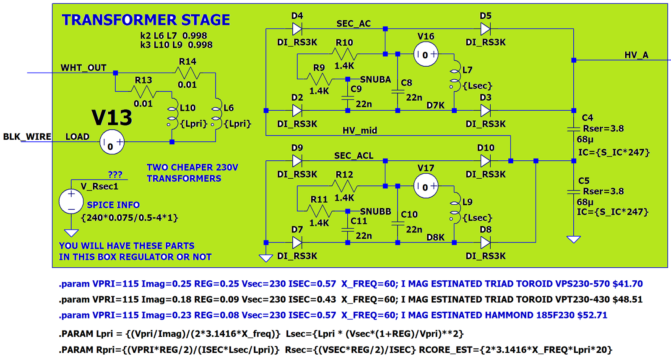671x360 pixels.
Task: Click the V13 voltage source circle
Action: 112,142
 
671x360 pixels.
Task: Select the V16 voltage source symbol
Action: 426,54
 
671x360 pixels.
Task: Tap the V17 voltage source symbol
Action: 426,186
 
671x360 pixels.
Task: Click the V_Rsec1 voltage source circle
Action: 71,201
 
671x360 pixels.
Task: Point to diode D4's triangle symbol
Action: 297,29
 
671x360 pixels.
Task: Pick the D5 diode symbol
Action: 486,29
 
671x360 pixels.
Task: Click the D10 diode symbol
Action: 486,161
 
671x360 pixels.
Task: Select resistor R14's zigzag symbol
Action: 187,73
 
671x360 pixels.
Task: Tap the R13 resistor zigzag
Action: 143,92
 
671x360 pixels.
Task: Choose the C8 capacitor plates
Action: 398,91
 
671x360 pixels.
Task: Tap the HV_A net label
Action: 636,55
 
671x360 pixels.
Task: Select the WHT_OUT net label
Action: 83,68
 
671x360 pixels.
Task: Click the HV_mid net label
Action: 360,130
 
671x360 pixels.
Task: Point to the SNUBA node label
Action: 375,79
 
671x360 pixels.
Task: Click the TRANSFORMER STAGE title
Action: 146,20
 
